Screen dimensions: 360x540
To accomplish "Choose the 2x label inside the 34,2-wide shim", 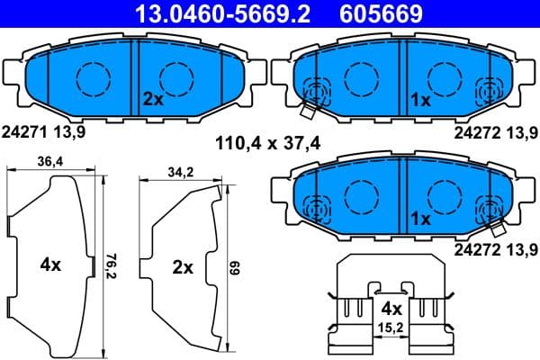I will pyautogui.click(x=183, y=266).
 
